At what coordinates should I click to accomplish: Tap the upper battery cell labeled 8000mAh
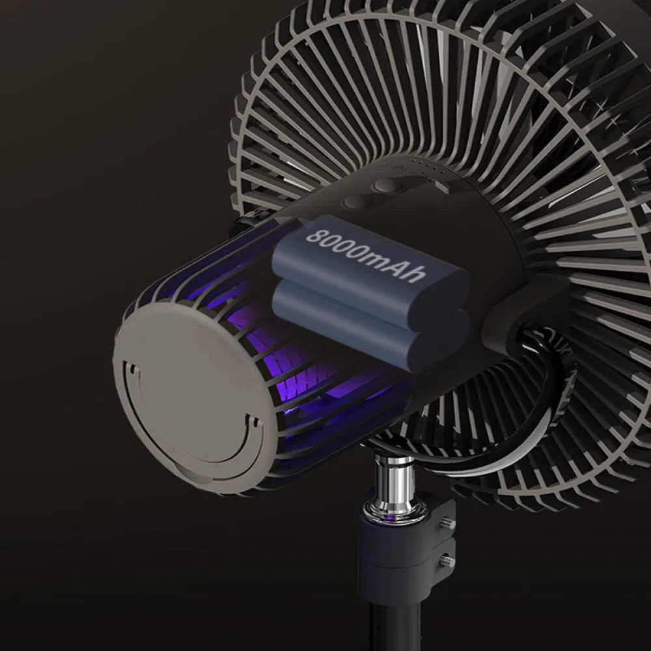(x=371, y=267)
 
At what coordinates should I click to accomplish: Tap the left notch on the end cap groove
(x=133, y=372)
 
